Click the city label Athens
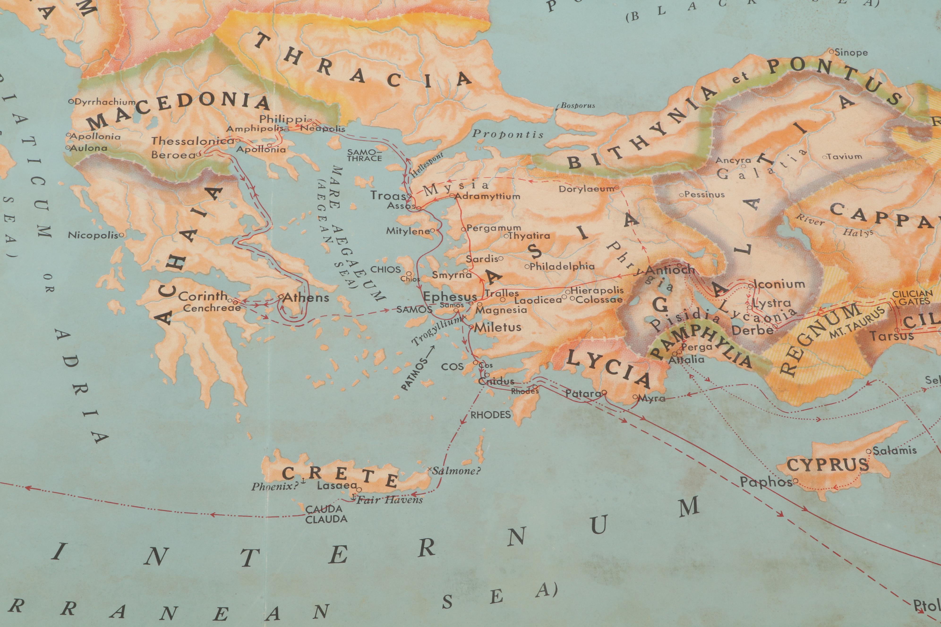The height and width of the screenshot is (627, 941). tap(306, 297)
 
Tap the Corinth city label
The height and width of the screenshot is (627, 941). tap(203, 296)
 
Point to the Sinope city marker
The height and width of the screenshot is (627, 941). tap(831, 52)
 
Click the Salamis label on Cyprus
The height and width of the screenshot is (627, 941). tap(894, 451)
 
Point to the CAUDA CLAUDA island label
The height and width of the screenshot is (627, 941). tap(326, 514)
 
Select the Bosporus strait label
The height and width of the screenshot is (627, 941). tap(578, 106)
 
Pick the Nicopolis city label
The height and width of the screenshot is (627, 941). tap(93, 235)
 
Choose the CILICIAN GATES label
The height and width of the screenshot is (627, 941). tap(915, 297)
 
